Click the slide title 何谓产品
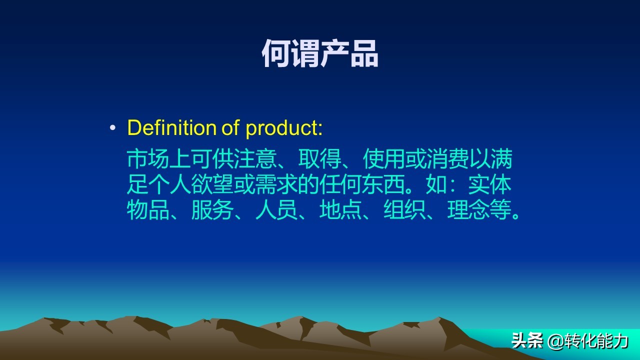click(320, 54)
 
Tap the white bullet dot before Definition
click(112, 128)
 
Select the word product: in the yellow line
click(284, 128)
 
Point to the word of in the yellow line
click(230, 128)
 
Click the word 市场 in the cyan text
click(148, 159)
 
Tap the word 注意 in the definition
click(266, 159)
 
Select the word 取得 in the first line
click(320, 159)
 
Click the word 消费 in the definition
click(448, 159)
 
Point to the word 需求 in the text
click(277, 185)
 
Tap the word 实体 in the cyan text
click(490, 185)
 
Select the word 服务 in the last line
click(213, 210)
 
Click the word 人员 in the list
click(277, 210)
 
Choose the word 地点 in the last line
click(341, 210)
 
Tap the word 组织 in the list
click(405, 210)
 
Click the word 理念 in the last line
click(469, 210)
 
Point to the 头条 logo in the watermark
click(527, 341)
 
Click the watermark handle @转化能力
click(588, 341)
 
